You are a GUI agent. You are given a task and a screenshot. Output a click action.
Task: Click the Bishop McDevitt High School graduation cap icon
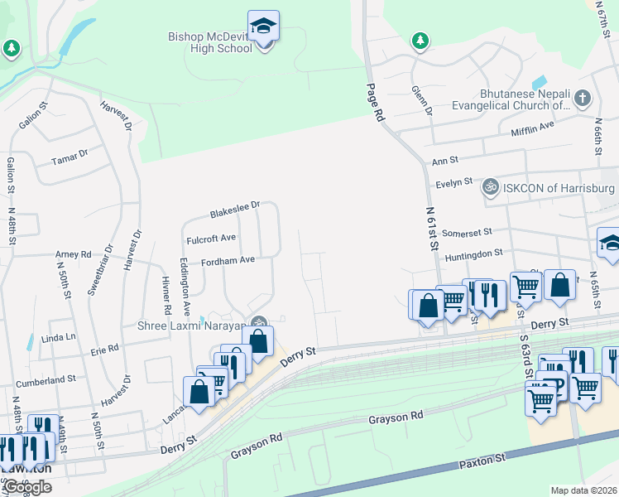[263, 27]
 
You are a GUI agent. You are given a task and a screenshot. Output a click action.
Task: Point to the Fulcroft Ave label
[212, 238]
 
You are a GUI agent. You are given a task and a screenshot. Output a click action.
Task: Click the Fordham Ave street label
[227, 261]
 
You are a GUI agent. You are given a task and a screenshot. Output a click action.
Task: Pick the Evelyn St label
[455, 181]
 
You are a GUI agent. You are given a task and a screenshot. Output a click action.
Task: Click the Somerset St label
[467, 234]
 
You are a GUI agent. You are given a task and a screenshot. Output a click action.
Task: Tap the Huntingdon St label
[473, 253]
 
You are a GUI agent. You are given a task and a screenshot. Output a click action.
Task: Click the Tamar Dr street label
[70, 155]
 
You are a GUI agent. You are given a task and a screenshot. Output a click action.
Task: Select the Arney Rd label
[73, 254]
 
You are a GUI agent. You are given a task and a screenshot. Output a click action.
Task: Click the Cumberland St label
[46, 379]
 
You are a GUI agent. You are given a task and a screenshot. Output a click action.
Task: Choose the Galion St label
[31, 120]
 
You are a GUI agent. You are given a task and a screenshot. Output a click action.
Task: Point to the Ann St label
[444, 161]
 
